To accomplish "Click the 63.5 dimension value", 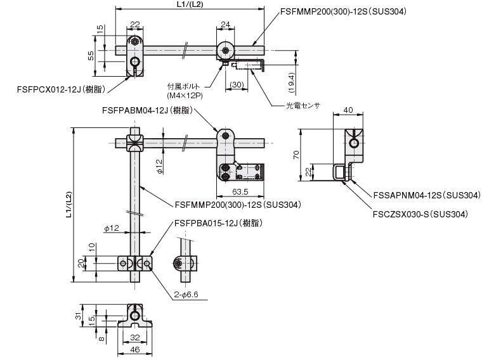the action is (x=240, y=192).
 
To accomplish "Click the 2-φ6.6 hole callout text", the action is (x=186, y=295).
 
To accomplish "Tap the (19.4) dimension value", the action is (x=292, y=82).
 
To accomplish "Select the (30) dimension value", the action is (x=237, y=84).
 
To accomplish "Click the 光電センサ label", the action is (x=303, y=106).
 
